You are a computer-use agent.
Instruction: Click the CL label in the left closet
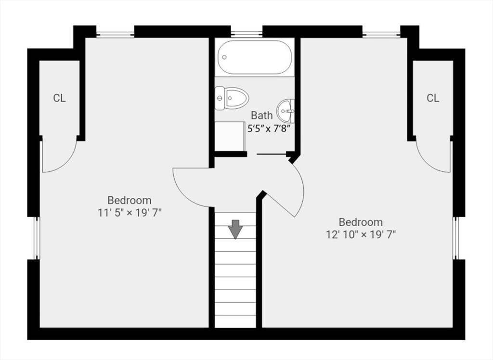tap(59, 98)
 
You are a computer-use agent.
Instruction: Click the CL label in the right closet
tap(433, 98)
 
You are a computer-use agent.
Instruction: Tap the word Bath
tap(262, 116)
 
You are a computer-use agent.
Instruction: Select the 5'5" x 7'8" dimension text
tap(268, 129)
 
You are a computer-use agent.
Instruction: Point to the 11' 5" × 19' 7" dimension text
tap(130, 213)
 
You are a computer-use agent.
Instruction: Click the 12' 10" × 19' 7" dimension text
tap(361, 234)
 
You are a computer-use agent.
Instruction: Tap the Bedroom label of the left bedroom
tap(130, 200)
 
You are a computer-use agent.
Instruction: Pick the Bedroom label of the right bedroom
tap(361, 222)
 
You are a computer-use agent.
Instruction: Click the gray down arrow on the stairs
tap(235, 229)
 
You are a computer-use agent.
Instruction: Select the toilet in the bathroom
tap(232, 98)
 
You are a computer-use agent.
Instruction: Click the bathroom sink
tap(285, 111)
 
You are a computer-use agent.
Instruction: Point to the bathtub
tap(255, 57)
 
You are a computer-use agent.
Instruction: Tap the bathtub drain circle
tap(224, 57)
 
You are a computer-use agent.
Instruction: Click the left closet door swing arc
tap(66, 164)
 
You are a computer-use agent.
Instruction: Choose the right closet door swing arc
tap(426, 164)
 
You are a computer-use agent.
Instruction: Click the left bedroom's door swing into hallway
tap(182, 193)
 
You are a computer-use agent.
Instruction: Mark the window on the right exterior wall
tap(455, 238)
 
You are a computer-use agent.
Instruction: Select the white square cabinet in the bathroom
tap(230, 137)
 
